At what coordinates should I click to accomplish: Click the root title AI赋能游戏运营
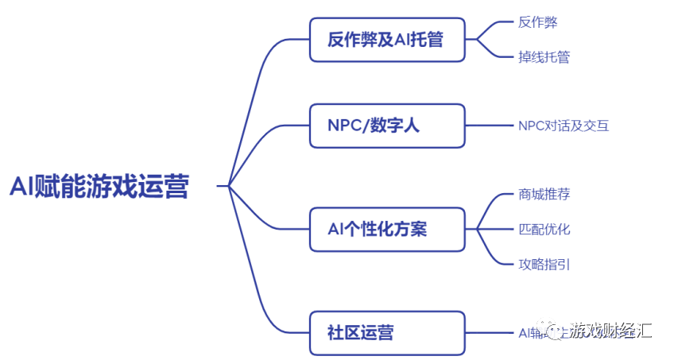coord(99,187)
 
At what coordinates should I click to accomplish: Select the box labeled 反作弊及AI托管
coord(386,39)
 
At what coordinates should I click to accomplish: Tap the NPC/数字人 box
coord(386,126)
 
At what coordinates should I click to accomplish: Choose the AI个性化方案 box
coord(386,229)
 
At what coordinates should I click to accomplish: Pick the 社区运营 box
coord(386,332)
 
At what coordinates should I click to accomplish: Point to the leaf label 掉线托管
coord(544,56)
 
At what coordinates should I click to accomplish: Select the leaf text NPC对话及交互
coord(564,126)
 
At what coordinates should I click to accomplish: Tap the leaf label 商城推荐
coord(544,195)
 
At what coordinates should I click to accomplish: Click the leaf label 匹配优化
coord(544,229)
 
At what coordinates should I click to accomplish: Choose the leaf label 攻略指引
coord(544,264)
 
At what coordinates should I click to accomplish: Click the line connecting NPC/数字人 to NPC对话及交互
coord(489,126)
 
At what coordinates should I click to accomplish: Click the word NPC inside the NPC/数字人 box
coord(343,126)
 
